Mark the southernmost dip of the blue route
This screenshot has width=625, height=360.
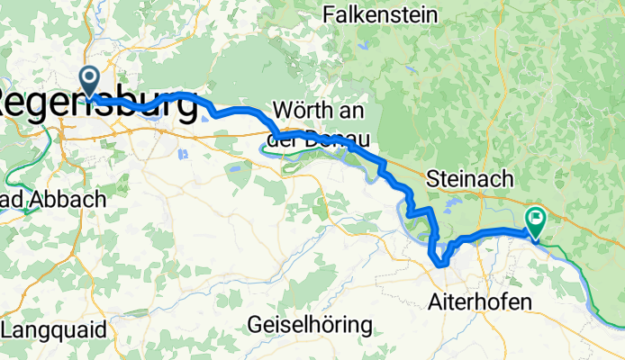(x=440, y=265)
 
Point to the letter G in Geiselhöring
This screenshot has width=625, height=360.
(x=255, y=324)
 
